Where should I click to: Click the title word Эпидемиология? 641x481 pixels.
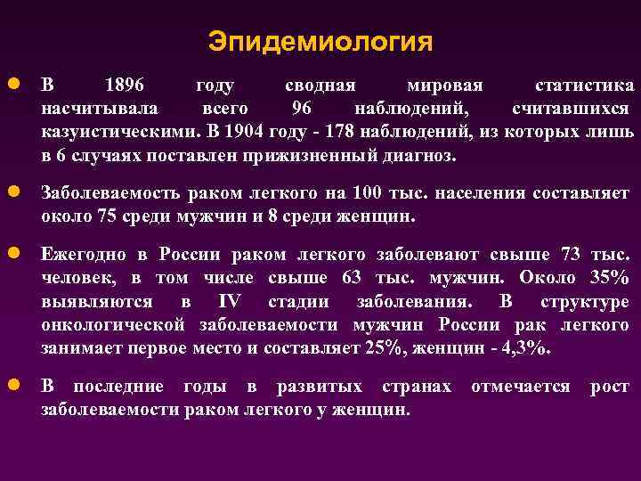[x=320, y=42]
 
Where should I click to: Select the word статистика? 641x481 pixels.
[x=584, y=86]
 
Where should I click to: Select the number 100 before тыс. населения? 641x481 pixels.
[x=368, y=193]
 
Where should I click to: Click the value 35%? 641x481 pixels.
[x=609, y=278]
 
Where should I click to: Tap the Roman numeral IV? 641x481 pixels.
[x=229, y=301]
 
